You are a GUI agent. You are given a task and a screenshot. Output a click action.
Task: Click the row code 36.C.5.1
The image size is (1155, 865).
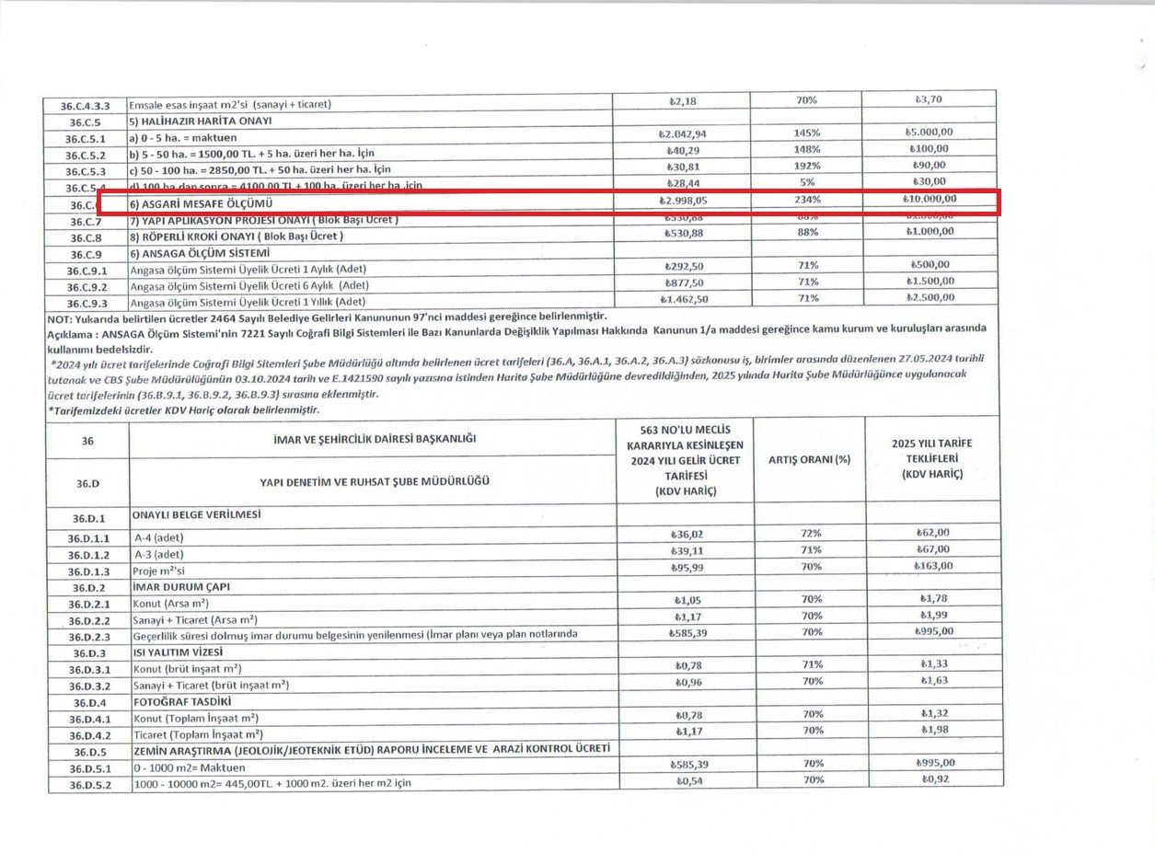(86, 138)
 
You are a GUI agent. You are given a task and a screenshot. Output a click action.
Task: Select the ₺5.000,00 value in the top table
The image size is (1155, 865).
(930, 133)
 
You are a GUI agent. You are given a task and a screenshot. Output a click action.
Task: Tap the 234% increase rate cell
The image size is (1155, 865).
(807, 200)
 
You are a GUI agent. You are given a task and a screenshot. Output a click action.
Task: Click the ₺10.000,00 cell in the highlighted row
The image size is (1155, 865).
(930, 199)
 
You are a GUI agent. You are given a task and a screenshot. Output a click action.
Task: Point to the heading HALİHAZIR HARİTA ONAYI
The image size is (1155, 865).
(200, 121)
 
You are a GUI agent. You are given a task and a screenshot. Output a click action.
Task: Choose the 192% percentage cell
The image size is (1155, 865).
(807, 166)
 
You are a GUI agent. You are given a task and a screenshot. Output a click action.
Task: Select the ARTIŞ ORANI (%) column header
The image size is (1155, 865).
(809, 459)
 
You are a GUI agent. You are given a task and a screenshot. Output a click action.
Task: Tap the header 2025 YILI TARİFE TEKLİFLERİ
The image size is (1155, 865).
(932, 458)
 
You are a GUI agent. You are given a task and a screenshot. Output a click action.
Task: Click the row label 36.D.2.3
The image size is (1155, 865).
(89, 637)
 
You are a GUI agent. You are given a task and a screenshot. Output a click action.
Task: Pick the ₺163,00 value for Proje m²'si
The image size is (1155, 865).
(933, 566)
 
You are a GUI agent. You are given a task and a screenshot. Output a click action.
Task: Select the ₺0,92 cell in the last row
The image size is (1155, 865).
(934, 780)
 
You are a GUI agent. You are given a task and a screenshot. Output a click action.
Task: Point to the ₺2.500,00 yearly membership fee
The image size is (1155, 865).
(930, 298)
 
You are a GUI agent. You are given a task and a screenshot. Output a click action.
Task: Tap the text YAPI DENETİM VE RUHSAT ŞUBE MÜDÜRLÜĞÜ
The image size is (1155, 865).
(375, 481)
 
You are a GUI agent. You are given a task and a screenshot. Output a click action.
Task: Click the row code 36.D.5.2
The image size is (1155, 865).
(89, 785)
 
